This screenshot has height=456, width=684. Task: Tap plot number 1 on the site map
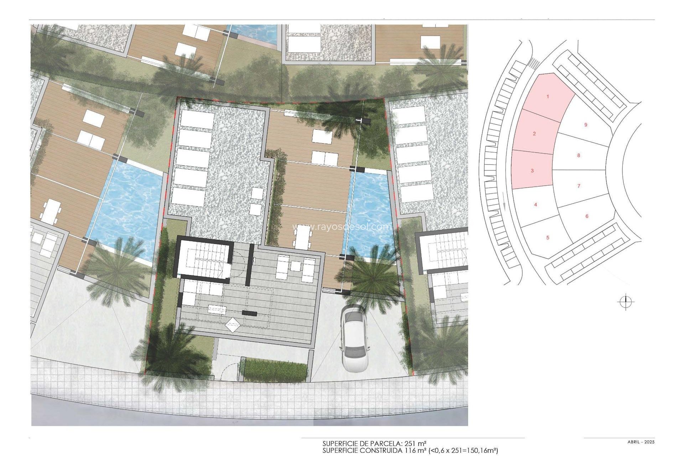coord(548,97)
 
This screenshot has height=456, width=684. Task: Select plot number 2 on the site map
coord(534,134)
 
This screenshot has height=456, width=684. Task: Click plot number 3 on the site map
coord(532,171)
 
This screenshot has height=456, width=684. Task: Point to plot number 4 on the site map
coord(535,204)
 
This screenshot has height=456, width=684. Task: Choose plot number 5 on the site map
coord(548,238)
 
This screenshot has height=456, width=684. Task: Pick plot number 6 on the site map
coord(587,216)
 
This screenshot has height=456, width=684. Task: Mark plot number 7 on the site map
coord(579,186)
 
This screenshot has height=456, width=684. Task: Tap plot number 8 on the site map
coord(579,155)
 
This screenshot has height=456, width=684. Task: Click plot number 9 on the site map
coord(586,125)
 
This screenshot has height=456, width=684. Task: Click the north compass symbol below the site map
coord(626,302)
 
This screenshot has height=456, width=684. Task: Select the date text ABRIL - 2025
coord(641,442)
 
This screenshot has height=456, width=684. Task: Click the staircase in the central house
coord(203,259)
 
